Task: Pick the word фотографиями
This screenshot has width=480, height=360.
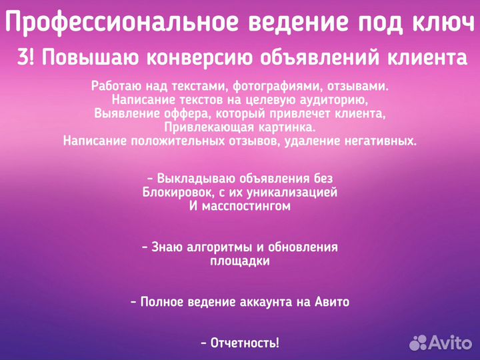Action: (x=250, y=86)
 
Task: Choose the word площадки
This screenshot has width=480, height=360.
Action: (x=240, y=261)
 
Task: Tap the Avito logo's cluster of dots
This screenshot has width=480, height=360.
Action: (x=419, y=342)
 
